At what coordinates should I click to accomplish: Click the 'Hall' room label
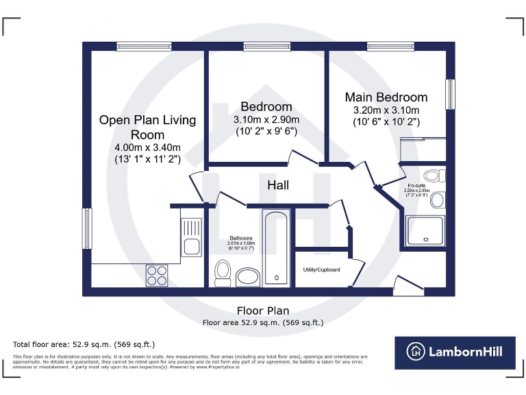pyautogui.click(x=278, y=185)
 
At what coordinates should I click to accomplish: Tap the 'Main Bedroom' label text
pyautogui.click(x=386, y=97)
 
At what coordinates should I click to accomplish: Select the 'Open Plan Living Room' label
pyautogui.click(x=147, y=127)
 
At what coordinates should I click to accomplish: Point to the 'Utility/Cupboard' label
pyautogui.click(x=321, y=270)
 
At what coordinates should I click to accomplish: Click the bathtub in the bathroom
pyautogui.click(x=277, y=247)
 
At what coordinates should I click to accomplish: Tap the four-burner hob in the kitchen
pyautogui.click(x=157, y=274)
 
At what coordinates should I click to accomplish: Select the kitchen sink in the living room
pyautogui.click(x=192, y=237)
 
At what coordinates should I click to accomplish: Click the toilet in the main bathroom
pyautogui.click(x=223, y=273)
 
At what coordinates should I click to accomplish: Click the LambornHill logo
pyautogui.click(x=454, y=352)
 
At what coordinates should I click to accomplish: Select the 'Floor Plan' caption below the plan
pyautogui.click(x=263, y=310)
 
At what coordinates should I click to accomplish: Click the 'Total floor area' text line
pyautogui.click(x=84, y=344)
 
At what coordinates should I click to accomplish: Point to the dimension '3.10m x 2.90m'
pyautogui.click(x=266, y=119)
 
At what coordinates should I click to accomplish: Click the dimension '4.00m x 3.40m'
pyautogui.click(x=147, y=147)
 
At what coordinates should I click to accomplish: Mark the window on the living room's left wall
pyautogui.click(x=87, y=228)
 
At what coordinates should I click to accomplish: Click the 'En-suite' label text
pyautogui.click(x=416, y=187)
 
